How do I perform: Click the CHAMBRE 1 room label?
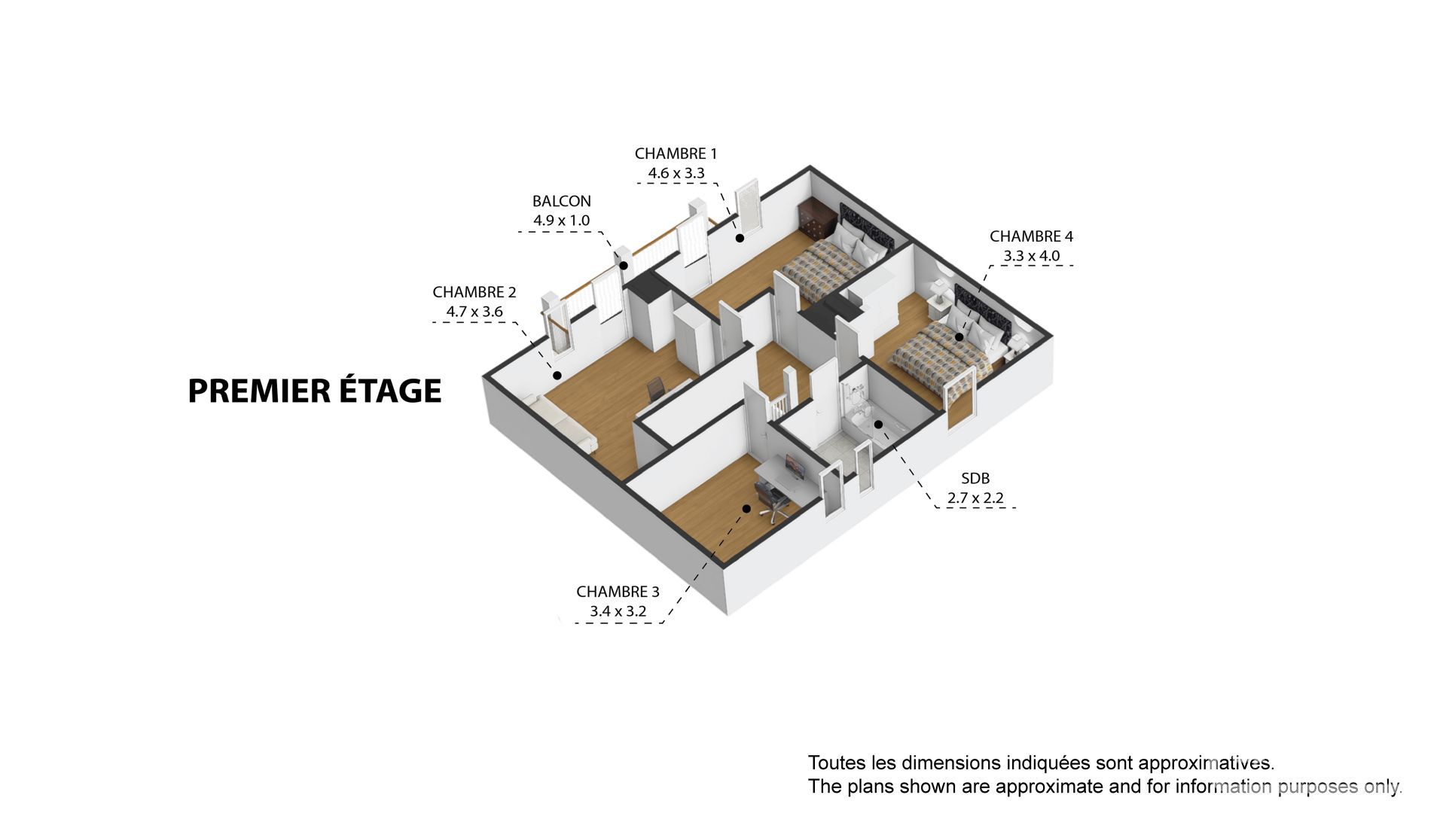point(676,154)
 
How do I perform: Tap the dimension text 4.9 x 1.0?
point(562,221)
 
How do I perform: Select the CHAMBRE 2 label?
point(474,292)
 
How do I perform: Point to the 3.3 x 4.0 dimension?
point(1031,256)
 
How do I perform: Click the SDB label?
point(975,478)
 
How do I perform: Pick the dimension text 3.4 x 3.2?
point(618,611)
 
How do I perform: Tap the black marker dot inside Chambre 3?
point(746,509)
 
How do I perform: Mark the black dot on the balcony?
point(624,266)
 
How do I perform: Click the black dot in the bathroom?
point(878,425)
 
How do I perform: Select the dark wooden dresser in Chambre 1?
point(817,218)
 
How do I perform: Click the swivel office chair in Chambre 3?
point(772,502)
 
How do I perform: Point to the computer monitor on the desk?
point(795,467)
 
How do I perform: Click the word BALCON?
point(562,201)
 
